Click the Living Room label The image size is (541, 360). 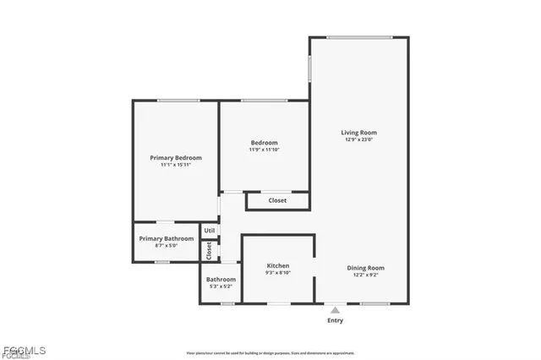coord(358,133)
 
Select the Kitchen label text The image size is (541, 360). coord(278,265)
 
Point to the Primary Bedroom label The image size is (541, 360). coord(176,158)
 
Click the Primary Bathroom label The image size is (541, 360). coord(167,238)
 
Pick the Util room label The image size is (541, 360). coord(210,230)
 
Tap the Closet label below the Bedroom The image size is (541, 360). coord(277,200)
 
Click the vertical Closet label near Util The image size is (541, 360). coord(209,250)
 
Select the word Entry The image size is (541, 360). coord(336,320)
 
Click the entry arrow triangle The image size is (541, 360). coord(336,310)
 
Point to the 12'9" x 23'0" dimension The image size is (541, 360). coord(358,140)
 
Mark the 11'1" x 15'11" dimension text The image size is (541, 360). coord(176,165)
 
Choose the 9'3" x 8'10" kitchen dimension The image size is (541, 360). coord(278,273)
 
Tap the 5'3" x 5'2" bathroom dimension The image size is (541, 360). coord(221,286)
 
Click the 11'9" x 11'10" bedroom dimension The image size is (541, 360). coord(264,150)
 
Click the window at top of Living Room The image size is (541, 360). coord(359,37)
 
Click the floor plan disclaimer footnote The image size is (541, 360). coord(270,353)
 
